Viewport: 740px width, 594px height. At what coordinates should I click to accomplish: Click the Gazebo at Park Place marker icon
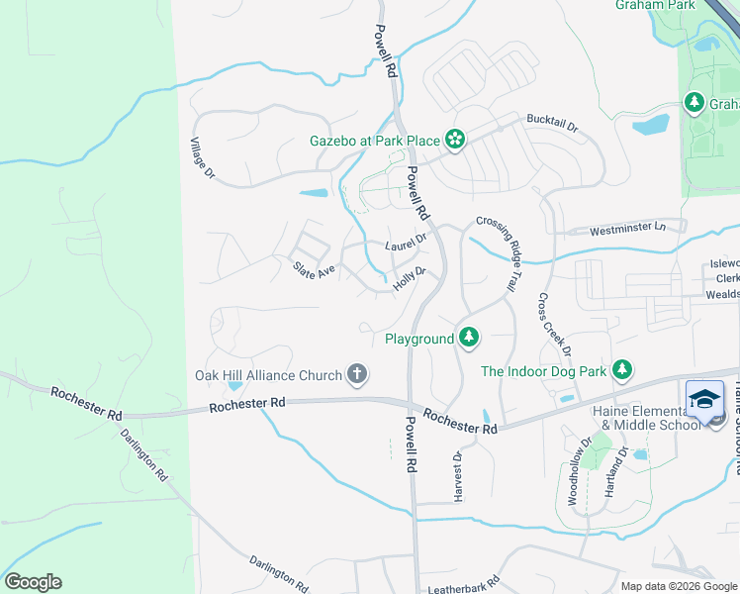pos(454,141)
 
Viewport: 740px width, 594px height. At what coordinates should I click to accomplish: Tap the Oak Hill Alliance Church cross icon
pos(357,374)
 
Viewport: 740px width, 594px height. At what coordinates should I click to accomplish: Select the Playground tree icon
pos(469,339)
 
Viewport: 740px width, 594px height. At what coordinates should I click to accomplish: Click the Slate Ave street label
pos(314,269)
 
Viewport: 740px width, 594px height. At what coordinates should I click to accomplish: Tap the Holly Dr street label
pos(410,278)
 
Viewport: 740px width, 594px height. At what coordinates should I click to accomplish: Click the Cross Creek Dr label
pos(554,325)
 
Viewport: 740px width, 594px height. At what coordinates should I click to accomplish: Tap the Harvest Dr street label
pos(458,477)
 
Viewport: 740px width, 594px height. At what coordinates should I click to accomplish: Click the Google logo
pos(33,582)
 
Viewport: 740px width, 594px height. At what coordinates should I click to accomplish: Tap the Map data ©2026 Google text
pos(678,586)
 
